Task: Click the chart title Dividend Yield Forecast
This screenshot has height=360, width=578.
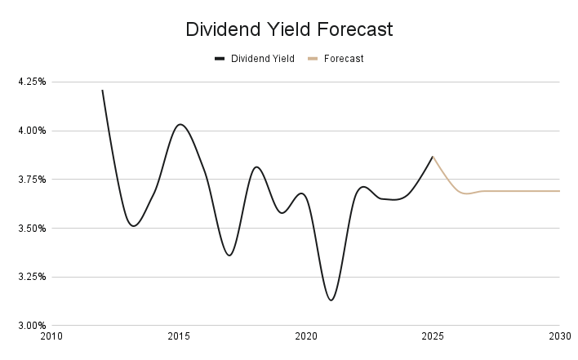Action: (x=289, y=29)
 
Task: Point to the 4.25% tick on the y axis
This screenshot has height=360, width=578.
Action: (x=31, y=82)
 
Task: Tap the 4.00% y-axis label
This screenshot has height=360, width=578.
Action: (x=31, y=131)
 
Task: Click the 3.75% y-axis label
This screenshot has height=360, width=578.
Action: (x=31, y=180)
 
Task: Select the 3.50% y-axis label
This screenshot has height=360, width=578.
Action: (x=31, y=228)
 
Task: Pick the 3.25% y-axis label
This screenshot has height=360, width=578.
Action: (x=31, y=277)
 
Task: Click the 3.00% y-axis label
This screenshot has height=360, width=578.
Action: (x=31, y=326)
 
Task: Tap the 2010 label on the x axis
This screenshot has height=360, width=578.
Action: (x=52, y=336)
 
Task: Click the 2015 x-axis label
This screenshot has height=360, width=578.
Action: (x=179, y=336)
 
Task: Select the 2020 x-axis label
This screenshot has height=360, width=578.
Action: (x=306, y=336)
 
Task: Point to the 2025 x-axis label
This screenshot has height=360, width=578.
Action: (x=433, y=336)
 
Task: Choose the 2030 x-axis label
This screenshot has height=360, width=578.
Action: (x=559, y=336)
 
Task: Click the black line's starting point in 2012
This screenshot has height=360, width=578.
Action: (x=102, y=90)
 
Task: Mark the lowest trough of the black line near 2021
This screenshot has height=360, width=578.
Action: (x=331, y=300)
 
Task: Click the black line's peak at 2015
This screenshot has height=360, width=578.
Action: (x=180, y=124)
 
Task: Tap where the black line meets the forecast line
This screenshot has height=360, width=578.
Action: (x=433, y=157)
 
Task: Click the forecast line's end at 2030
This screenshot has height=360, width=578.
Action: (x=559, y=191)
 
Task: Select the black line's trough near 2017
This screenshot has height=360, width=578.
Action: (x=229, y=256)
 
